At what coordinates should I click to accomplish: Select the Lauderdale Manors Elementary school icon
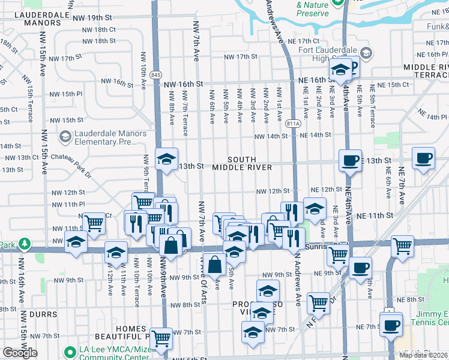[64, 137]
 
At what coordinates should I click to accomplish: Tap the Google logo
[20, 353]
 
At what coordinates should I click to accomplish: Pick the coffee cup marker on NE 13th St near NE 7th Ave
[423, 158]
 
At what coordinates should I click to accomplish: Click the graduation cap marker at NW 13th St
[166, 159]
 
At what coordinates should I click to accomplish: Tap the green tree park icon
[24, 244]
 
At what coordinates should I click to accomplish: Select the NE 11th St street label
[374, 215]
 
